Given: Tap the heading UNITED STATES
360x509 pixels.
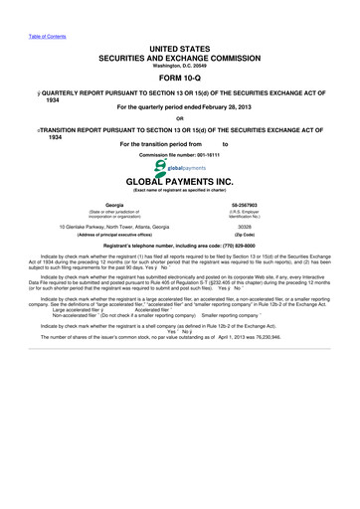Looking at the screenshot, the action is coord(179,47).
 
